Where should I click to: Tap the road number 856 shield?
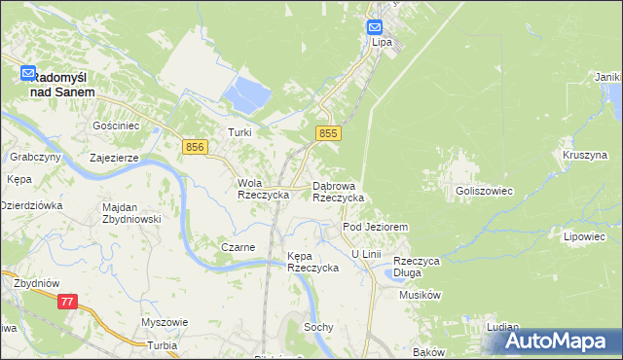pos(195,146)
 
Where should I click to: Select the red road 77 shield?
pos(66,303)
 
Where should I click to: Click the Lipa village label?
pos(381,43)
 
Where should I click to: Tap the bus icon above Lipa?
pos(376,27)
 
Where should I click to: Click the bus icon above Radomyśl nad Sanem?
pos(29,73)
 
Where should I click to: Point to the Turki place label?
pos(239,131)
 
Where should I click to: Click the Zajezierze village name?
pos(115,157)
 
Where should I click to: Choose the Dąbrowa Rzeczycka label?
pos(338,191)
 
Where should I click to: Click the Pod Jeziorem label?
pos(374,226)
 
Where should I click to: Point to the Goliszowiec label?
pos(484,192)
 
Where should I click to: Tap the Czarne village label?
pos(238,247)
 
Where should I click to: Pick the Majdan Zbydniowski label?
pos(130,213)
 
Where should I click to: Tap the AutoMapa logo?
pos(561,341)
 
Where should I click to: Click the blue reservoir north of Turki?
pos(247,95)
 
